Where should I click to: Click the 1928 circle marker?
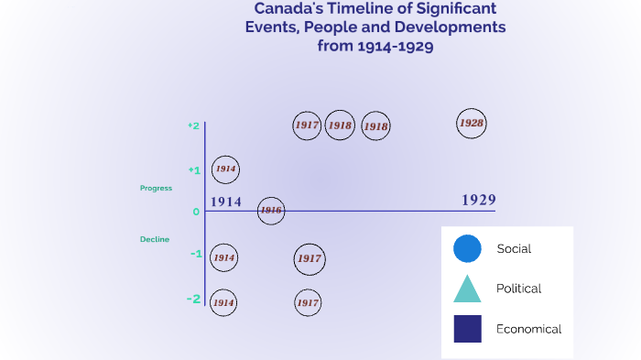click(x=471, y=123)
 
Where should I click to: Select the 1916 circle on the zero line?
click(x=270, y=211)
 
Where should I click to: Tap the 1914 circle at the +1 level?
click(x=225, y=169)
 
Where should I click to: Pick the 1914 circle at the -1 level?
click(x=224, y=257)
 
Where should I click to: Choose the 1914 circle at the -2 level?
click(x=223, y=301)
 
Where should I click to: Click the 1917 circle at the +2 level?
click(x=307, y=125)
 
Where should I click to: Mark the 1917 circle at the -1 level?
click(x=309, y=258)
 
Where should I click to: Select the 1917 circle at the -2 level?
click(x=308, y=301)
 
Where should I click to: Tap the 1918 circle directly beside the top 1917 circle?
click(x=340, y=125)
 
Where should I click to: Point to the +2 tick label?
click(x=193, y=125)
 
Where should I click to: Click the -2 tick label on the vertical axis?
click(x=193, y=299)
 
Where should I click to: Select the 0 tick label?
click(x=196, y=212)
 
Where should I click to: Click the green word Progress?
click(x=156, y=188)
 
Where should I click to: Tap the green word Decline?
click(x=154, y=239)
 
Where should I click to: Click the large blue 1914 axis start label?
click(x=225, y=202)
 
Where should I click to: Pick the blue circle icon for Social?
click(x=467, y=248)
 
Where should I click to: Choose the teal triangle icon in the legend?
click(x=467, y=289)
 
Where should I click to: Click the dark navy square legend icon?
click(x=467, y=329)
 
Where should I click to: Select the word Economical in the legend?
click(x=528, y=329)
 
